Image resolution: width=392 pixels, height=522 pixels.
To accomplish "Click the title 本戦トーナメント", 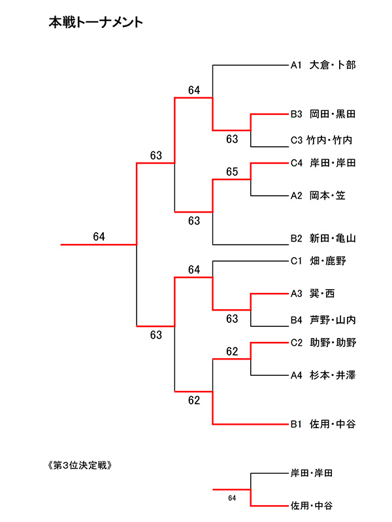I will (x=96, y=23).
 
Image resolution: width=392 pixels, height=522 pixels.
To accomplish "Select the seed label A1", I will (x=296, y=65).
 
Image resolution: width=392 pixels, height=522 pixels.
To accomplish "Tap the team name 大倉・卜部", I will (x=333, y=65).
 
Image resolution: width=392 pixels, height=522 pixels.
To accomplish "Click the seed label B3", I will (x=296, y=114).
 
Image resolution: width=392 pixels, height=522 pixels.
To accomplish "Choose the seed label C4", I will (x=296, y=162).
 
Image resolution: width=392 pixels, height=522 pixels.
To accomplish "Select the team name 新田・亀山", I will (x=333, y=238).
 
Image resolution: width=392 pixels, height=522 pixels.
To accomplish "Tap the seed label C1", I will (x=296, y=261).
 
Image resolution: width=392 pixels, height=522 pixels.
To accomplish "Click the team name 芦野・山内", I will (x=333, y=320).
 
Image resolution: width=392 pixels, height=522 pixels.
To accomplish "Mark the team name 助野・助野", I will (x=333, y=343).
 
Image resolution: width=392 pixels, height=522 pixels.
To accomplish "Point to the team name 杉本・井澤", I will (x=333, y=375).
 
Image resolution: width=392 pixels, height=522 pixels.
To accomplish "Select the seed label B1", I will (x=296, y=424).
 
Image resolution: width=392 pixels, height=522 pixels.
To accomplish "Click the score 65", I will (x=232, y=172).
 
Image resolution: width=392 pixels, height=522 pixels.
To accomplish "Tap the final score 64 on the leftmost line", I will (x=99, y=237).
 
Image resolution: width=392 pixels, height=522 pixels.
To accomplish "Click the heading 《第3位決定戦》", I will (x=77, y=465).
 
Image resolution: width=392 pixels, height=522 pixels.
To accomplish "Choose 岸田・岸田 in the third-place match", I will (x=312, y=472).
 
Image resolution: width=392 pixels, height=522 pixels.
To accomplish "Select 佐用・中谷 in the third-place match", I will (x=312, y=505).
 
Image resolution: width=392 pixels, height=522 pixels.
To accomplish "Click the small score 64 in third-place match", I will (x=232, y=499).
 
